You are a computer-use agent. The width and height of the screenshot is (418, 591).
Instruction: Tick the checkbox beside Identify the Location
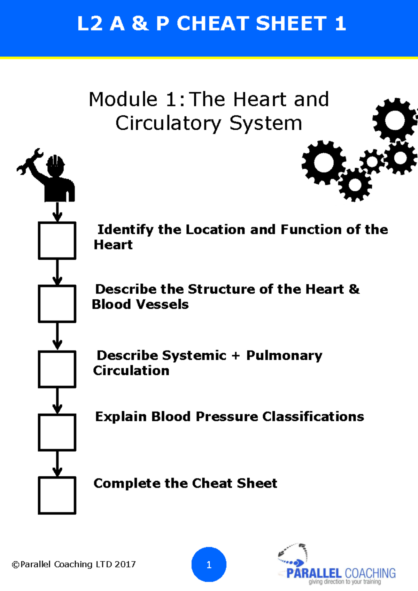click(57, 240)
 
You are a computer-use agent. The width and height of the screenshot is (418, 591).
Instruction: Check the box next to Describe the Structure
click(57, 304)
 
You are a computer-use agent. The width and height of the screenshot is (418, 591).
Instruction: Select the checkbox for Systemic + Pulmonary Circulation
click(57, 369)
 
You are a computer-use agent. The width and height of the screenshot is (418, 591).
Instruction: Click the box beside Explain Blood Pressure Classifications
click(57, 432)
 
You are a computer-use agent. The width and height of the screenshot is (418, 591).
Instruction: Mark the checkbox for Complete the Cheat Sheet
click(57, 495)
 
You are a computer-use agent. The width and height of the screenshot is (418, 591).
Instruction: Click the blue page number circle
click(209, 565)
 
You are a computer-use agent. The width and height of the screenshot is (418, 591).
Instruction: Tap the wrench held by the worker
click(30, 161)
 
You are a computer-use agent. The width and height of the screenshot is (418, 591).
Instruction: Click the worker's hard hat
click(55, 162)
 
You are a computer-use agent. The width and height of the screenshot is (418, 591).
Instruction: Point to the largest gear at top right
click(395, 120)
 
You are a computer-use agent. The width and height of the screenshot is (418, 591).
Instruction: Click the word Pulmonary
click(284, 356)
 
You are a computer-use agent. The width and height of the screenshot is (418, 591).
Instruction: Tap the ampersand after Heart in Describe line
click(354, 289)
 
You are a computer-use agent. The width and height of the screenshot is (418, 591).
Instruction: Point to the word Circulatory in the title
click(168, 123)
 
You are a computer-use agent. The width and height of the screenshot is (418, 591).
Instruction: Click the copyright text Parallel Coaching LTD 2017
click(74, 564)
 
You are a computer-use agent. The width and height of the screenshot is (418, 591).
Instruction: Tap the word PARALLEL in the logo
click(313, 573)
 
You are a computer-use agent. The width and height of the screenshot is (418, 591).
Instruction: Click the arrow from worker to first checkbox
click(57, 212)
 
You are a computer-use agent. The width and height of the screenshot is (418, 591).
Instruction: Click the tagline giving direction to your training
click(345, 582)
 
